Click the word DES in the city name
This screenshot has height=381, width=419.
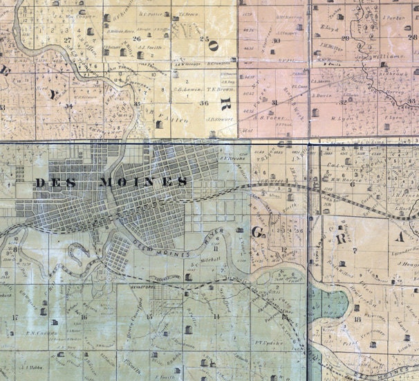[x=51, y=181]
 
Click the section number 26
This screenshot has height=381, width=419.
[x=137, y=39]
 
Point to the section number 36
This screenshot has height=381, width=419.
[x=203, y=103]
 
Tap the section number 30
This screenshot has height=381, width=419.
[x=276, y=41]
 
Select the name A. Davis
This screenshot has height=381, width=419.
[x=325, y=95]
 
